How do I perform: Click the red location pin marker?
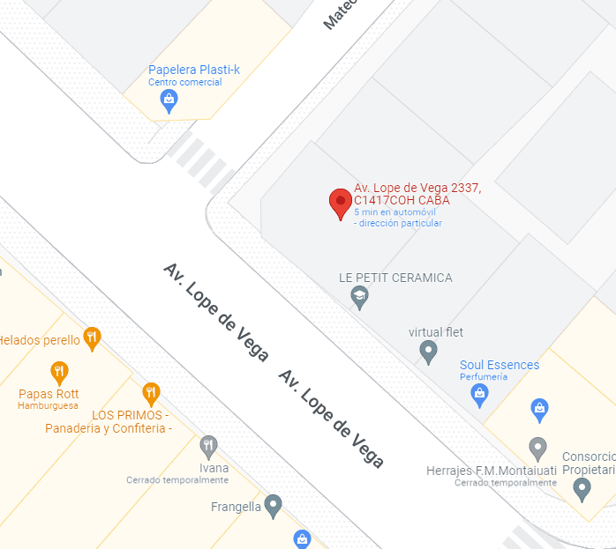340,203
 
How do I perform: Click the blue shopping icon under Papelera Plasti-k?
169,102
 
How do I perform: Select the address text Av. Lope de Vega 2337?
417,188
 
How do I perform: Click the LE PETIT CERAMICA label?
395,278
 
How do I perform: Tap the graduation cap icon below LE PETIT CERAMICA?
359,298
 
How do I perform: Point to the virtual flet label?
436,332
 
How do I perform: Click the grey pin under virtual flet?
428,352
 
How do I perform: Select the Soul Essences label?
500,365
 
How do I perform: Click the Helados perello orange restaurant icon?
92,338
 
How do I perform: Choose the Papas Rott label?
49,394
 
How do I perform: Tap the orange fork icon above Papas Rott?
59,371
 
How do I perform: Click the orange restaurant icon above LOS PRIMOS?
151,393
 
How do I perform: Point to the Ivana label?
214,468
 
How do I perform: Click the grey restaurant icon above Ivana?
208,446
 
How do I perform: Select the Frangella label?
236,507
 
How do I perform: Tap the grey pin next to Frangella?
274,506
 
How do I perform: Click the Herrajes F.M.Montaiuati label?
491,471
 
